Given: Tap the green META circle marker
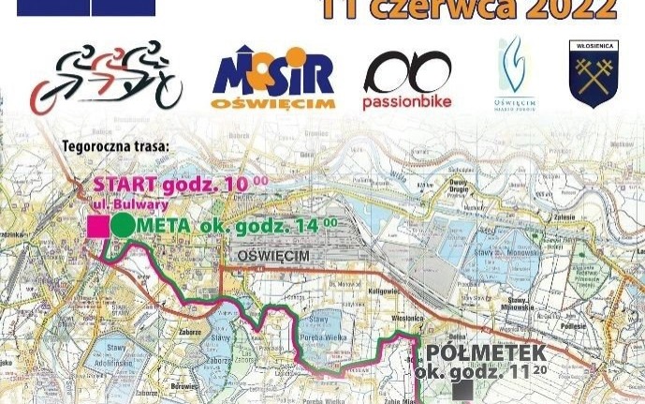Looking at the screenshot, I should [123, 225].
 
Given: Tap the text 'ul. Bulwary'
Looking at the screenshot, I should [132, 203].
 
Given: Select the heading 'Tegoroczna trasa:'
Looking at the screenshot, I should [115, 147].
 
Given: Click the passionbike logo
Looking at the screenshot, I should [407, 80].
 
